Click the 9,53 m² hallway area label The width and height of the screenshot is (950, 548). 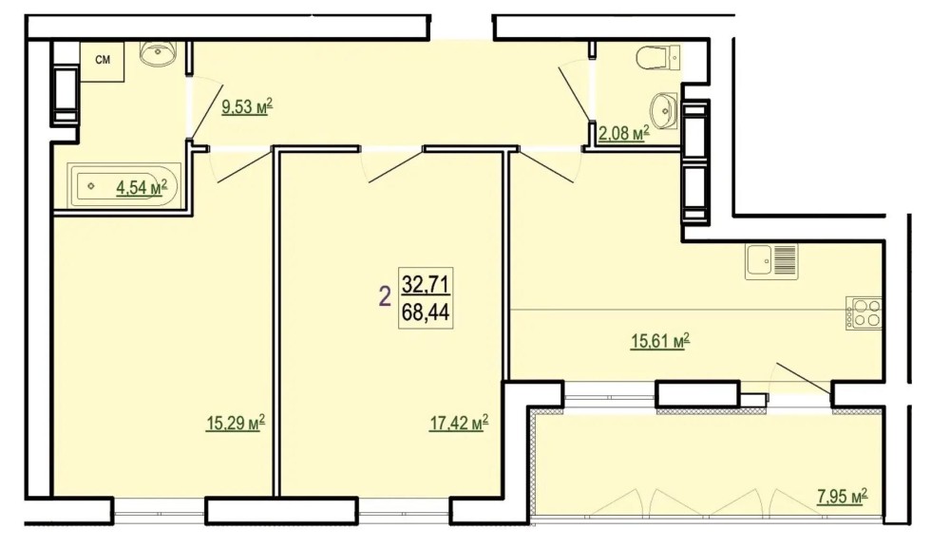point(247,107)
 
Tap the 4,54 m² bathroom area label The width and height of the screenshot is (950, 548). point(142,188)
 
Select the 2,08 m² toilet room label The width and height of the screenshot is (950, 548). point(624,133)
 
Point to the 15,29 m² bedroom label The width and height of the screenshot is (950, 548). point(236,423)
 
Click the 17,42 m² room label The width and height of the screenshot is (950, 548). point(459,423)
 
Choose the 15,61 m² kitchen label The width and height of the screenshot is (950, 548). point(661,342)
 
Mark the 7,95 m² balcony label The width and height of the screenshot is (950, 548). point(842,497)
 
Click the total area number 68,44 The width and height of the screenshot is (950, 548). point(426,312)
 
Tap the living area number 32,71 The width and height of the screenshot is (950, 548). point(426,283)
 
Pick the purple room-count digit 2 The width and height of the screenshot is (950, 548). point(384,297)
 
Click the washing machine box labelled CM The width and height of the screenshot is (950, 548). point(103,61)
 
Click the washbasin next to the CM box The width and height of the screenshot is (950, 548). point(158,53)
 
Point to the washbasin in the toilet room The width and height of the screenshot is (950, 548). point(665,111)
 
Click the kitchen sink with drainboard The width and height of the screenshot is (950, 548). point(771,261)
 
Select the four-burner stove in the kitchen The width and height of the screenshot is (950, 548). point(864,313)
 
